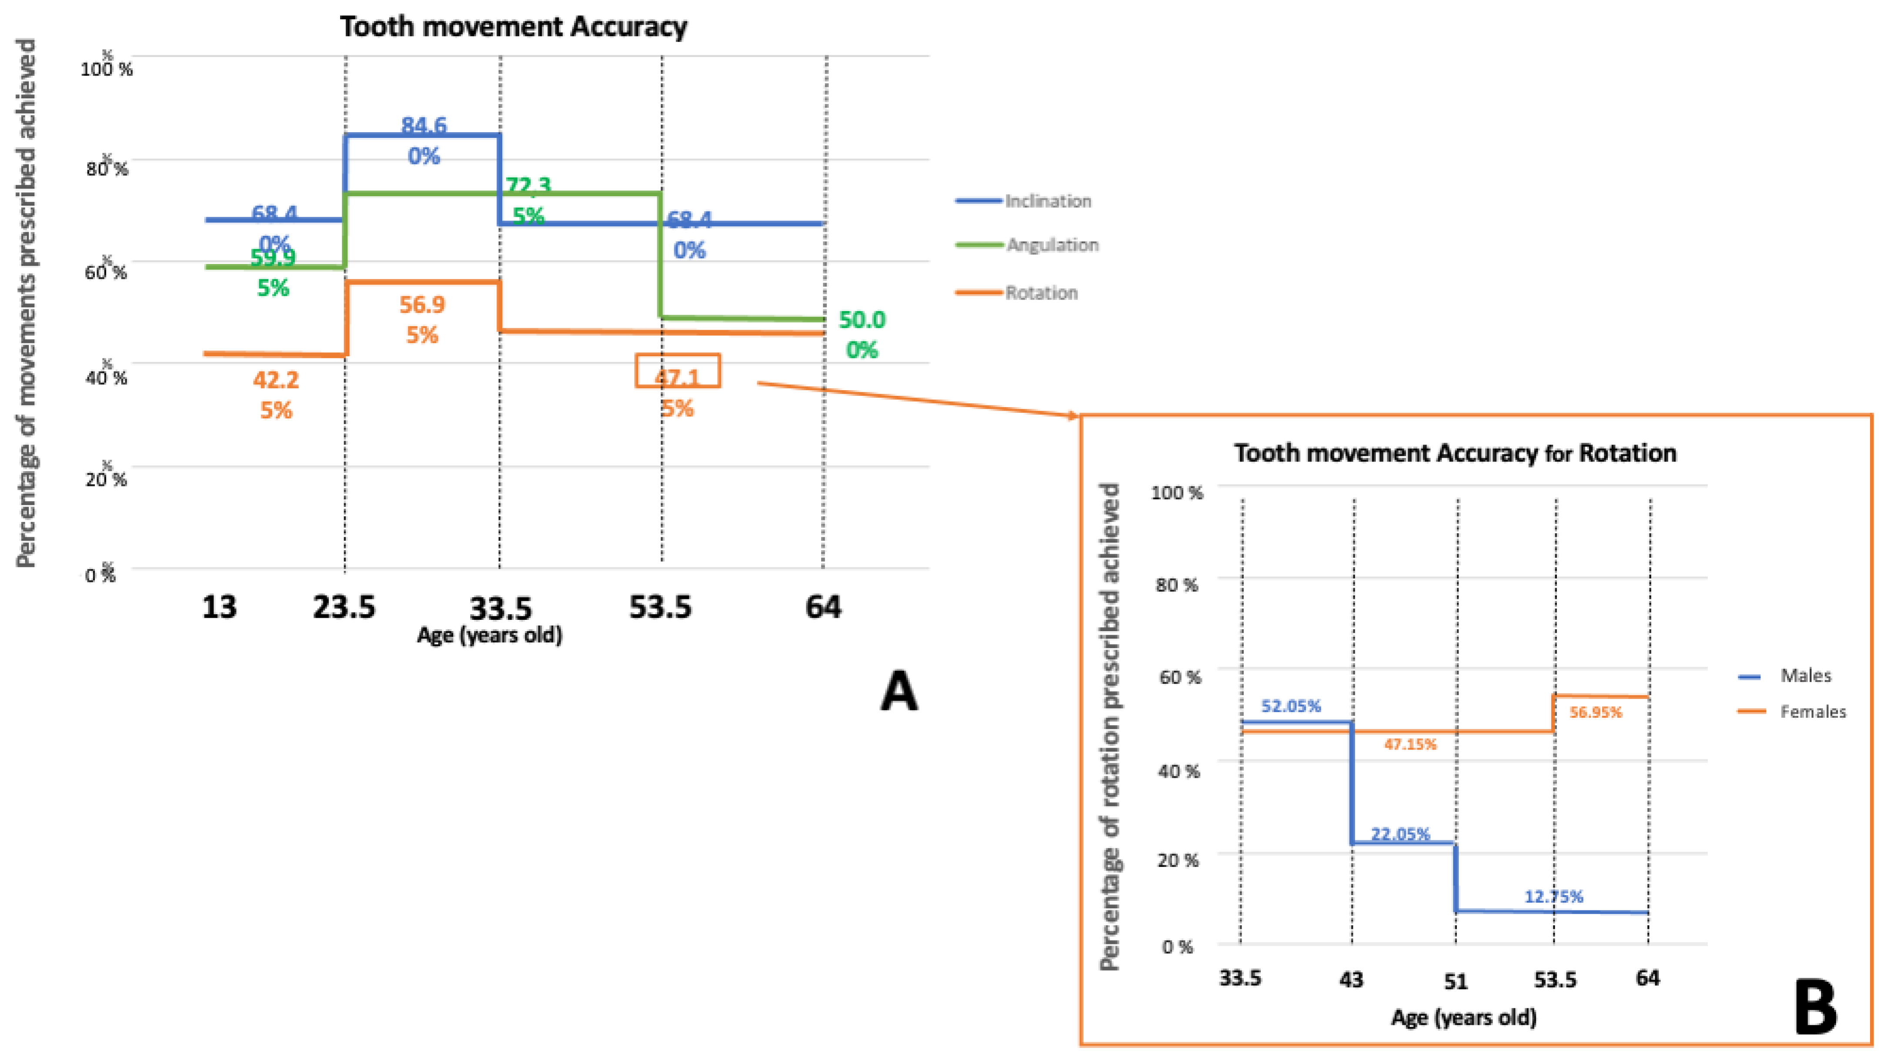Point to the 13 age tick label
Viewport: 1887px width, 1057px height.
tap(219, 607)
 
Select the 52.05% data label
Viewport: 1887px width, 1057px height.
tap(1291, 706)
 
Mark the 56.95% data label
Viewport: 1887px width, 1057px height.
tap(1596, 712)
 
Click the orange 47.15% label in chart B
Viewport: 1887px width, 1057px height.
tap(1410, 744)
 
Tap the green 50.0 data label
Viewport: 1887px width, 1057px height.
tap(862, 320)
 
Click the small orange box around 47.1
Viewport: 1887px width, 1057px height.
tap(678, 371)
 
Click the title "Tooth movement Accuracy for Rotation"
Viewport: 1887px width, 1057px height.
tap(1455, 453)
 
